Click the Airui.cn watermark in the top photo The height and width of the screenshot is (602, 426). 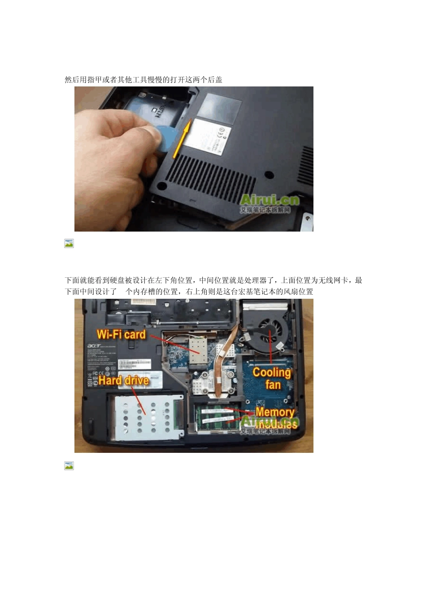tap(269, 200)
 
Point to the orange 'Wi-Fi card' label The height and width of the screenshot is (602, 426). tap(121, 335)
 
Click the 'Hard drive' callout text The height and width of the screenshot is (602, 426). tap(123, 381)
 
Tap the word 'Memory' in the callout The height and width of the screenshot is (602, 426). tap(274, 412)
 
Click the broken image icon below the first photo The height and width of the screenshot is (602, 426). tap(69, 243)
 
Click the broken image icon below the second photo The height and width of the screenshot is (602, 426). tap(69, 466)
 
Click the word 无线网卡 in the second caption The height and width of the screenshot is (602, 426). tap(333, 280)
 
